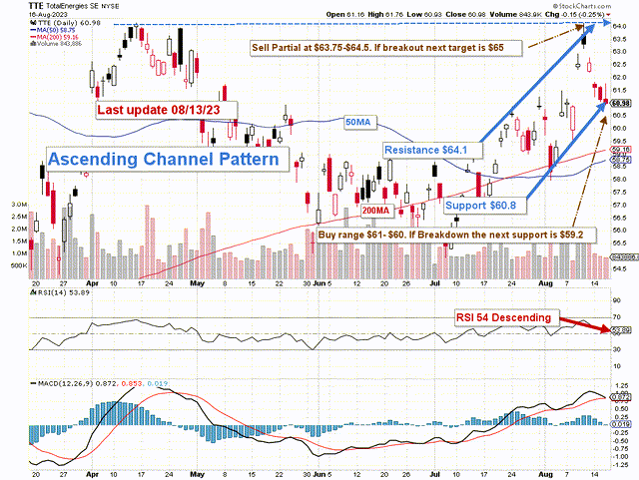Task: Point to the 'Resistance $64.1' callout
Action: (x=426, y=150)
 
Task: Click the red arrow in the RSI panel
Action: (x=588, y=324)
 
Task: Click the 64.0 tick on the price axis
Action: (x=619, y=27)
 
